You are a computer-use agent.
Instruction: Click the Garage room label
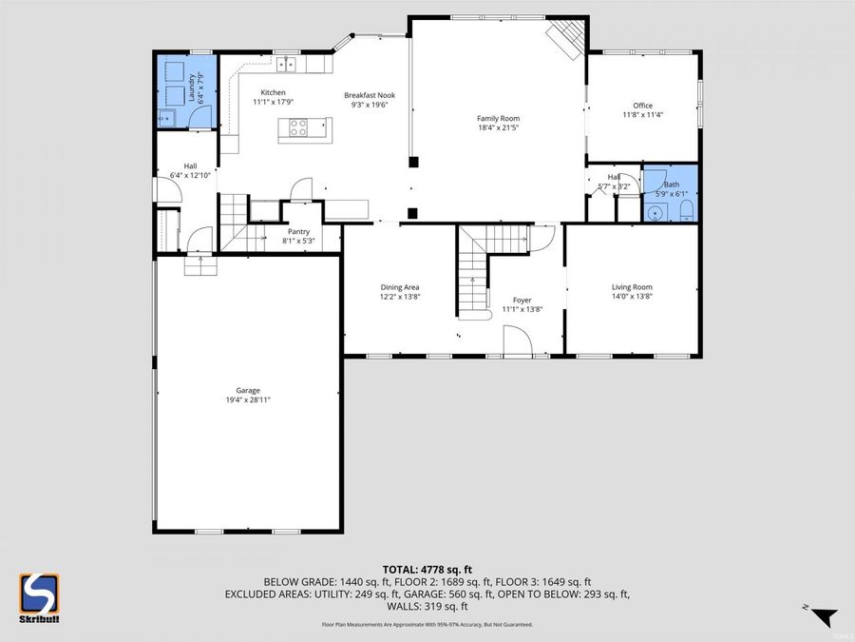[248, 390]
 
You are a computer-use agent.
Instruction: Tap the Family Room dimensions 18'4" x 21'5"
[498, 128]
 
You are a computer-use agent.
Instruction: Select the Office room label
[643, 106]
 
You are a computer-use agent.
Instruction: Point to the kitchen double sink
[289, 65]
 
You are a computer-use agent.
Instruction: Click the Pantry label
[298, 231]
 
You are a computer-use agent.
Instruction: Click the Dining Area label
[400, 287]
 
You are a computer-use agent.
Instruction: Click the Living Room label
[631, 287]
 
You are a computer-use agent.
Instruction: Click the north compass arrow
[823, 616]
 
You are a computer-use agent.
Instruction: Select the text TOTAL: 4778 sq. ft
[427, 567]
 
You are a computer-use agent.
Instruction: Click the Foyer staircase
[473, 276]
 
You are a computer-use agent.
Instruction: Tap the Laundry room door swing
[199, 116]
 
